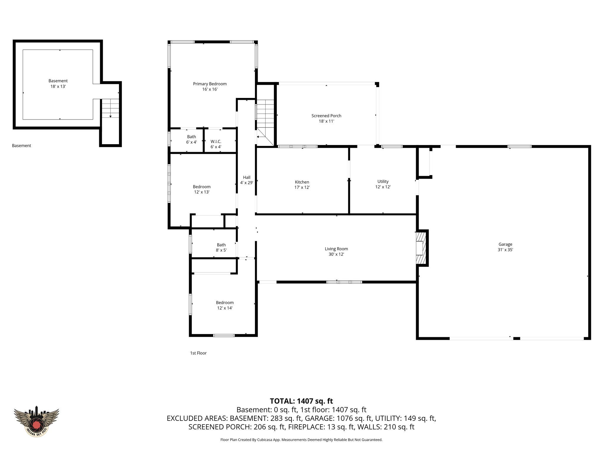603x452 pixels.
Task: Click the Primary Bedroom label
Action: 210,87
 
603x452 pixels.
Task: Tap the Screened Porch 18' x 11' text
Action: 326,118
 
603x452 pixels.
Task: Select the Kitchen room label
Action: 302,185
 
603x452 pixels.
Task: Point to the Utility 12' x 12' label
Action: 383,184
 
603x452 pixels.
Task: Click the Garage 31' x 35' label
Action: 505,247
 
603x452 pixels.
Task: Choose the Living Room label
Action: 336,251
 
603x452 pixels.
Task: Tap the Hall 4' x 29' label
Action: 246,180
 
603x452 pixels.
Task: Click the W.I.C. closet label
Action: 216,144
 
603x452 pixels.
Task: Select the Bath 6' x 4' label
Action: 191,139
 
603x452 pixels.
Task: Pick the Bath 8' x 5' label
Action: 221,247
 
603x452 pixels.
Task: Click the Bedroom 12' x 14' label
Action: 225,305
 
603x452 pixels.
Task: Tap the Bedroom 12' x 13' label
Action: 201,189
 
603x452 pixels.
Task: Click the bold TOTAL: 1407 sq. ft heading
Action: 301,401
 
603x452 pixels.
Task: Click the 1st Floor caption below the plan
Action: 198,353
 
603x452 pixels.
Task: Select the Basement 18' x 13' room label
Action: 58,84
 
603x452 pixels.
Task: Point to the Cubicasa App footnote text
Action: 301,440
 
